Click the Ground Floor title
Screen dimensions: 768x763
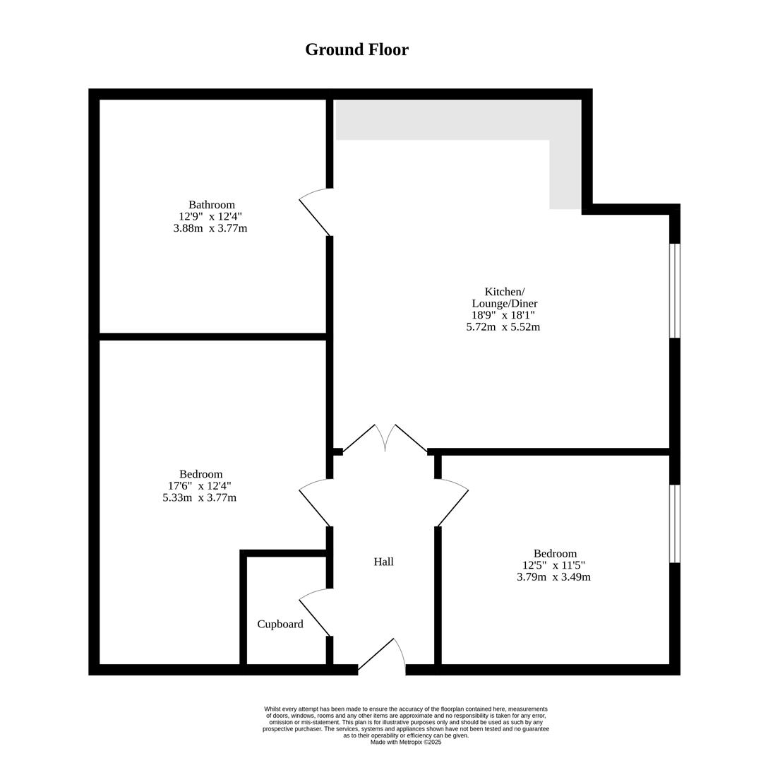pyautogui.click(x=356, y=49)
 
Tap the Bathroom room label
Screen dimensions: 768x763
pyautogui.click(x=212, y=204)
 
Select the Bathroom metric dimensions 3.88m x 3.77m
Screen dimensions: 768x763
pyautogui.click(x=210, y=228)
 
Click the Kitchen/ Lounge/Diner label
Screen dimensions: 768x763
pyautogui.click(x=505, y=297)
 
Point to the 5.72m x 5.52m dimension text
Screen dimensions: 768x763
pyautogui.click(x=503, y=326)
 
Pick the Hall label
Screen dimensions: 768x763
pyautogui.click(x=383, y=562)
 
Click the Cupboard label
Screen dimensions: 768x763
pyautogui.click(x=280, y=624)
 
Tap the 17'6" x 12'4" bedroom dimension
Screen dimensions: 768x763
pyautogui.click(x=199, y=485)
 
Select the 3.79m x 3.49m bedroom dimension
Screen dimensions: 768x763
pyautogui.click(x=553, y=576)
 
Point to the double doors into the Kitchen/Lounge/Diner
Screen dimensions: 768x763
pyautogui.click(x=385, y=438)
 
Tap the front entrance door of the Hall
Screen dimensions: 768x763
pyautogui.click(x=382, y=655)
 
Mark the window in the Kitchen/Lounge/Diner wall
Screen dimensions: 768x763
pyautogui.click(x=674, y=291)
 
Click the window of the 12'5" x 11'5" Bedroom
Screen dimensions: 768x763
pyautogui.click(x=674, y=524)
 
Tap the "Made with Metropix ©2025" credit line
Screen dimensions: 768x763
pyautogui.click(x=406, y=742)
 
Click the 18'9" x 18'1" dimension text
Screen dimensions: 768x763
pyautogui.click(x=504, y=315)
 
